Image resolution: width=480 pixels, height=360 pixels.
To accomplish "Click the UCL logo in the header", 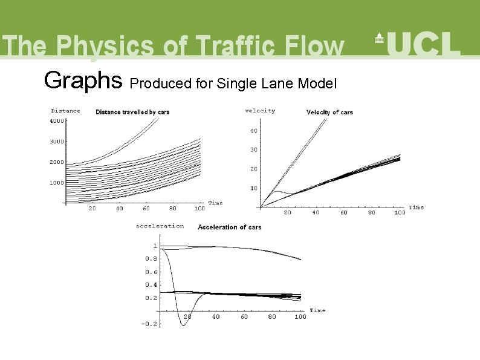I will tap(417, 44).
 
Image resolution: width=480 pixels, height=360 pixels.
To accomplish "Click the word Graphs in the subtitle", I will tap(83, 79).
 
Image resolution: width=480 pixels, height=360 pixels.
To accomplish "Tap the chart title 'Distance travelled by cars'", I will tap(132, 112).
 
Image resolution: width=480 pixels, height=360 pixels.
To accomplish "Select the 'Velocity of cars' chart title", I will tap(329, 112).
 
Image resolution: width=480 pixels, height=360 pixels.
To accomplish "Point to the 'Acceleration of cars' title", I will tap(229, 227).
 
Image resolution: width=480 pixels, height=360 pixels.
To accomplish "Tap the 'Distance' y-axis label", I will tap(65, 111).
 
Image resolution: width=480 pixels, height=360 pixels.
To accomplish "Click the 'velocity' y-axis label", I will tap(260, 110).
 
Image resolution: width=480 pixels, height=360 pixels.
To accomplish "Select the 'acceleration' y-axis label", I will tap(160, 226).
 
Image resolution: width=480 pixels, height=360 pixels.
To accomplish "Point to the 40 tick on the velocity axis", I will tap(254, 131).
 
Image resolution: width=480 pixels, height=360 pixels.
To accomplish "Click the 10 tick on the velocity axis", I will tap(254, 188).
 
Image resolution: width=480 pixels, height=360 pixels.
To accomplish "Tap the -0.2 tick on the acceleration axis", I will tap(149, 324).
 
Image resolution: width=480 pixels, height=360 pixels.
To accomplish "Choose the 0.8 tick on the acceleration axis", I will tap(151, 259).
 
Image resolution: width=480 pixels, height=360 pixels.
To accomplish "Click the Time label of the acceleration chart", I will tap(317, 310).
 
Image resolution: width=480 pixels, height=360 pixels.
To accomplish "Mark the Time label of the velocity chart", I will tap(416, 208).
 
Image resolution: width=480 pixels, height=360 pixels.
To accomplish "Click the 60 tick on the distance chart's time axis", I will tap(146, 209).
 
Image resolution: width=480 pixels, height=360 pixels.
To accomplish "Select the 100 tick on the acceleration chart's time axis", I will tap(300, 316).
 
